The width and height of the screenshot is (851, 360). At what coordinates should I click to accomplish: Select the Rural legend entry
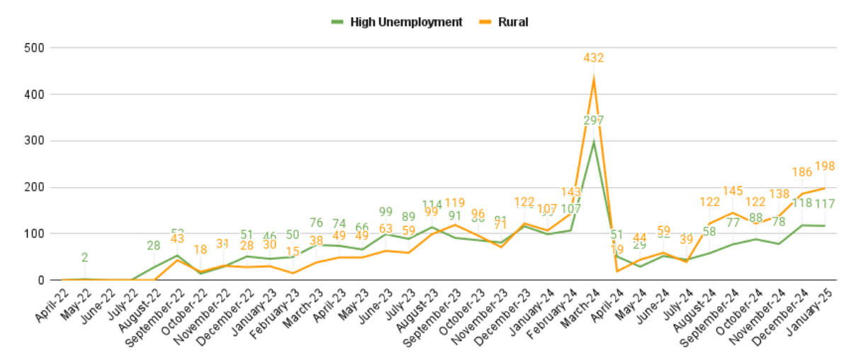(x=512, y=22)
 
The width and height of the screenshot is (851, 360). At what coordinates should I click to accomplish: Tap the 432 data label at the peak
(x=594, y=58)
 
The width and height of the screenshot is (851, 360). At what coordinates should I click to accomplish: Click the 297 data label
(x=594, y=121)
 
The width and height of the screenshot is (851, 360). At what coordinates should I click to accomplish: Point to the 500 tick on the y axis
(x=35, y=48)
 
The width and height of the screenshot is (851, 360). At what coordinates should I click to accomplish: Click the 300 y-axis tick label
(x=35, y=141)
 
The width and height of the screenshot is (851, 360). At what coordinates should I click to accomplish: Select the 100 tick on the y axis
(x=35, y=234)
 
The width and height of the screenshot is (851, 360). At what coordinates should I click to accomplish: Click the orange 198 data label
(x=825, y=167)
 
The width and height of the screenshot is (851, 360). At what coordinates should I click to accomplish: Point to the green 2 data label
(x=84, y=258)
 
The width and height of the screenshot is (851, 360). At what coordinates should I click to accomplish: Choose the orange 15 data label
(x=293, y=252)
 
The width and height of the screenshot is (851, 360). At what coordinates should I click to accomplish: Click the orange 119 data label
(x=455, y=203)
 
